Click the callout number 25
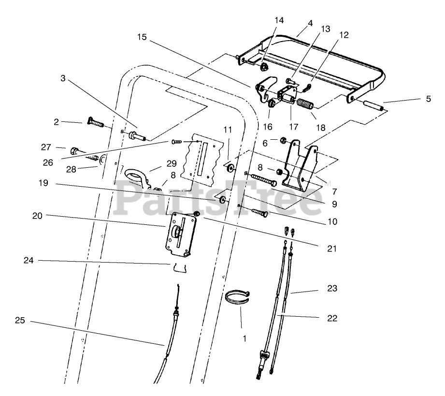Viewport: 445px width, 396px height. [x=20, y=320]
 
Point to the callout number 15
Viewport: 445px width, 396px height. [x=141, y=37]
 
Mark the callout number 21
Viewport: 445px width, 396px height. [x=331, y=249]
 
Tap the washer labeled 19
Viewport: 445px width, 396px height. [x=222, y=200]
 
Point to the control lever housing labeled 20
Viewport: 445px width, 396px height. [x=179, y=234]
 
